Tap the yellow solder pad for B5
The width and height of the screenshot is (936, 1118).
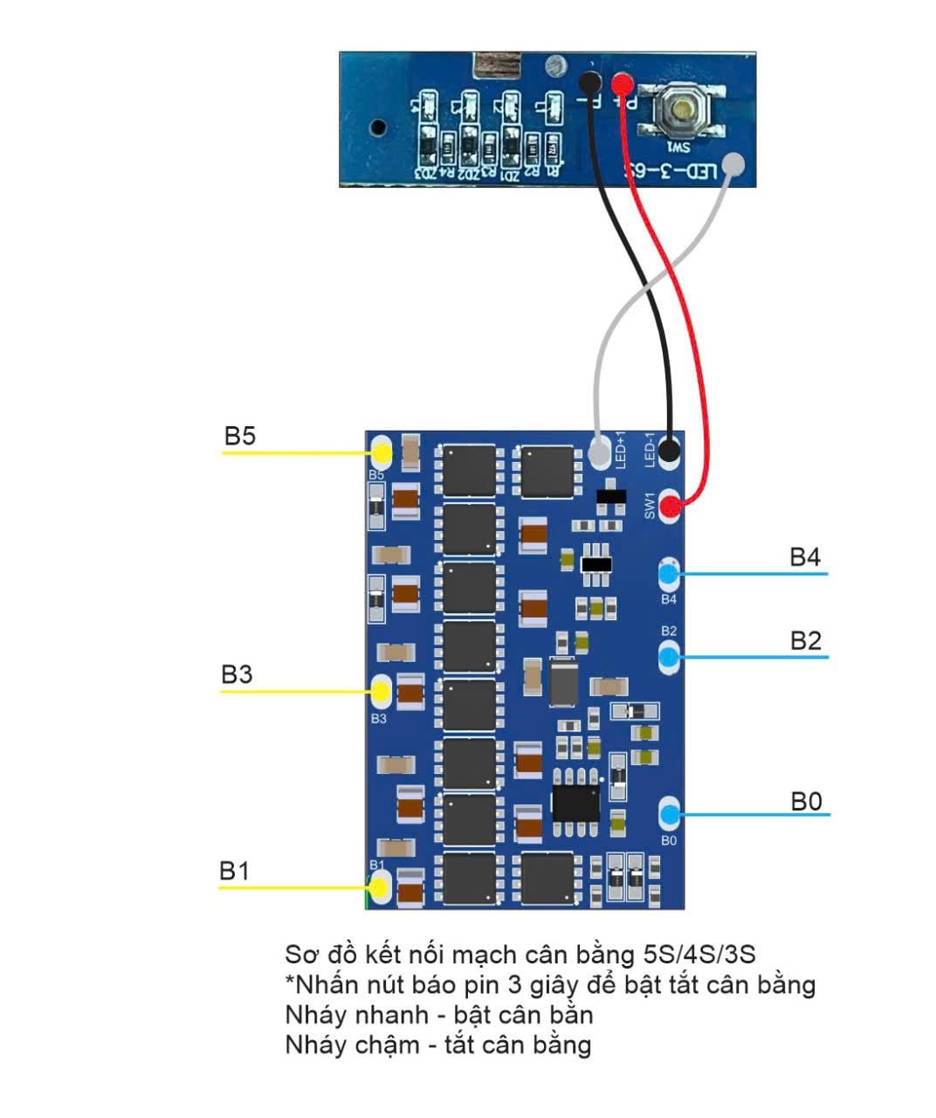coord(382,452)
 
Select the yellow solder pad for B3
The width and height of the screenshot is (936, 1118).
coord(381,692)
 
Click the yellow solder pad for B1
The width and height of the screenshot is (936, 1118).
coord(380,888)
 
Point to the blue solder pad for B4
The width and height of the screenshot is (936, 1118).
coord(669,574)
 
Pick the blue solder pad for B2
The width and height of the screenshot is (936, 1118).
coord(669,655)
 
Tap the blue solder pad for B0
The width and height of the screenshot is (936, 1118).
coord(670,815)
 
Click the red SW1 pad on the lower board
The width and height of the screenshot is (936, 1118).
coord(670,506)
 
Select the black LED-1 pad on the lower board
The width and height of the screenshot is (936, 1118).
coord(670,452)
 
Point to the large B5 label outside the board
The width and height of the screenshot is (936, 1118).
coord(240,436)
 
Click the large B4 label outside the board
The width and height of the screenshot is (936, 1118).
coord(805,557)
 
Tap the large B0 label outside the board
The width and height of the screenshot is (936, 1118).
coord(806,801)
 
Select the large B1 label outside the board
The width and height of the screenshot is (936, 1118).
coord(234,871)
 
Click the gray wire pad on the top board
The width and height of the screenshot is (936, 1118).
coord(735,166)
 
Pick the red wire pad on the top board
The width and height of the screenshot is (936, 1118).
coord(622,84)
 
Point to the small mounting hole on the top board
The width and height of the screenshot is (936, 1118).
coord(377,127)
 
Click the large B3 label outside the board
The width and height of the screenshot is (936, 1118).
coord(237,674)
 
